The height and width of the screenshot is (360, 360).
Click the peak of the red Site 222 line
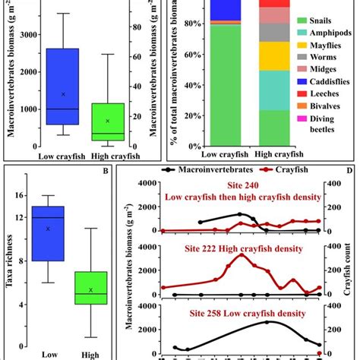point(243,254)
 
